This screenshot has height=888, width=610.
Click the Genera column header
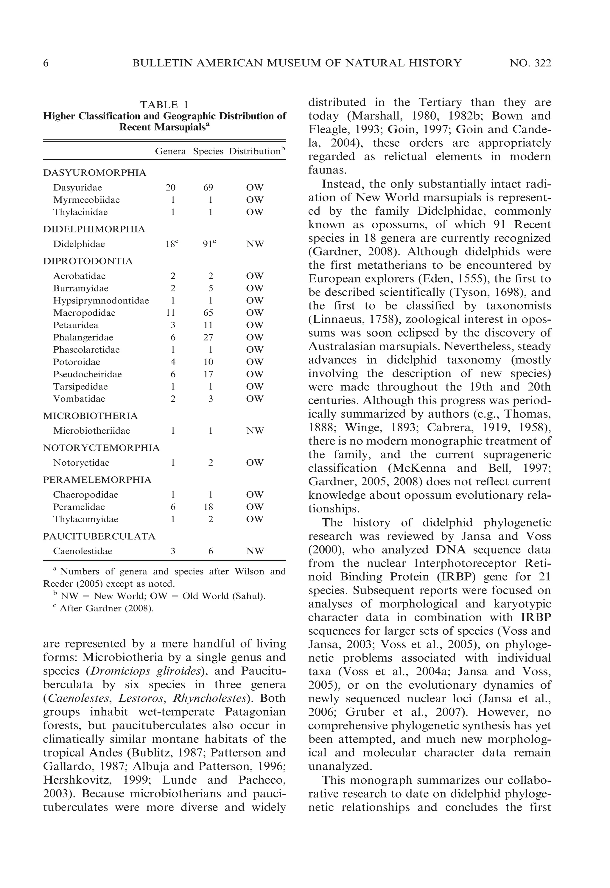pos(170,151)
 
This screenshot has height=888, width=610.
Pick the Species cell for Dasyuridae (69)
pos(208,188)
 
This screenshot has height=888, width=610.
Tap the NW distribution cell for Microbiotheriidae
pos(255,431)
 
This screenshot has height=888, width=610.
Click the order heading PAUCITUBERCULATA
pos(99,537)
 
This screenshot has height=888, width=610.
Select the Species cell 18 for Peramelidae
pos(208,507)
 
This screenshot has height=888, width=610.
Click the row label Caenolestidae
pos(83,551)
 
